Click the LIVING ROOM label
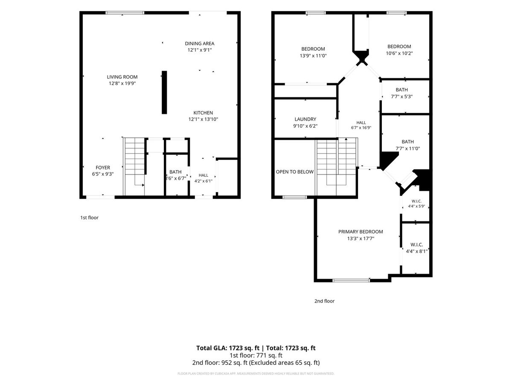point(122,77)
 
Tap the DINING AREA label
point(199,44)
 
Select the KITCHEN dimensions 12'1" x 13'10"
point(203,119)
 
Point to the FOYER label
point(103,168)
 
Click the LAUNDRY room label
point(305,119)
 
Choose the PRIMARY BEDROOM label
point(361,232)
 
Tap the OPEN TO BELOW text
point(294,172)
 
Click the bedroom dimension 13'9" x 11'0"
point(313,56)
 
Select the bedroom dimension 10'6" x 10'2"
point(399,53)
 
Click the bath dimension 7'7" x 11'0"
point(408,148)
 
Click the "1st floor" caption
point(89,218)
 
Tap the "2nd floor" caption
point(324,301)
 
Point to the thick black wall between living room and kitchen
point(164,92)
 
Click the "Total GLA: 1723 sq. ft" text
point(228,348)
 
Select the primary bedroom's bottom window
point(351,280)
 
